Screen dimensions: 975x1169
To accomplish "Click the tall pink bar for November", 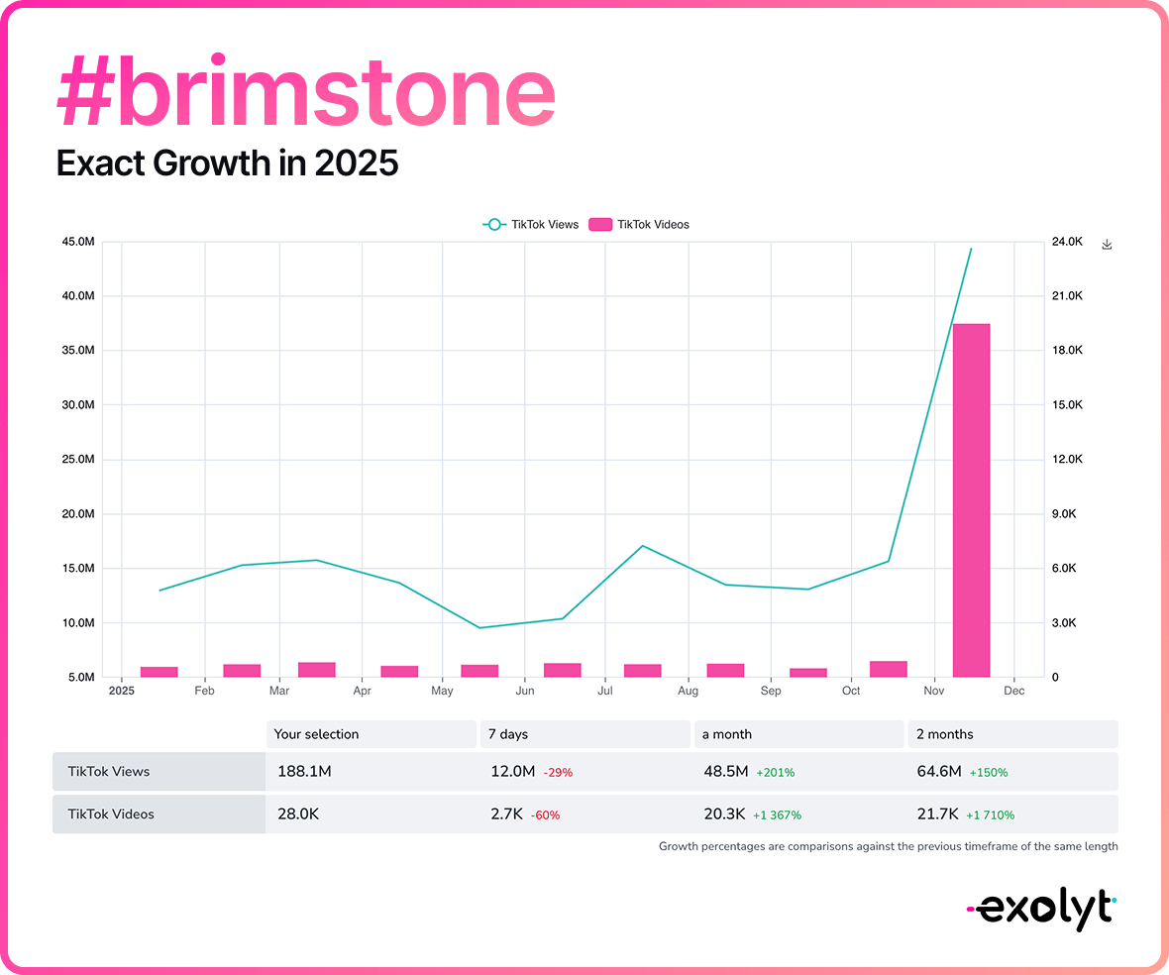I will coord(971,500).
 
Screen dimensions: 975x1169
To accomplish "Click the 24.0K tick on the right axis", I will coord(1067,242).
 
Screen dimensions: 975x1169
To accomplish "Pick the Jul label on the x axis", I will coord(605,691).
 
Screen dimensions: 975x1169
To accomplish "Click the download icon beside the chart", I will coord(1108,245).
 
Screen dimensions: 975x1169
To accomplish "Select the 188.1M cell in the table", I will coord(302,771).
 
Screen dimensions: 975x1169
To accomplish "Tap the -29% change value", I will coord(559,772).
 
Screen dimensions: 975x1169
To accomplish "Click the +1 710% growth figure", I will coord(992,815).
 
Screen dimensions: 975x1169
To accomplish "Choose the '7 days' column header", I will coord(507,734).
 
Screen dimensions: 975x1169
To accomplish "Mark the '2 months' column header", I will coord(945,734).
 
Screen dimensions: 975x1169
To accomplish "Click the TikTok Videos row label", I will coord(111,814).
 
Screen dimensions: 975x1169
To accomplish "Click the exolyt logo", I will coord(1041,908).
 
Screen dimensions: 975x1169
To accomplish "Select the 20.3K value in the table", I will coord(723,814).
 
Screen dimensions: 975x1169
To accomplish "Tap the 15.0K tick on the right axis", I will coord(1067,405).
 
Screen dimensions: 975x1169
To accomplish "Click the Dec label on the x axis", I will coord(1013,691).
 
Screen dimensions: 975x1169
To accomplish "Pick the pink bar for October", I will coord(889,669).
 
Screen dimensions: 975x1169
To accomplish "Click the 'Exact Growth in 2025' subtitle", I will coord(227,162).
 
